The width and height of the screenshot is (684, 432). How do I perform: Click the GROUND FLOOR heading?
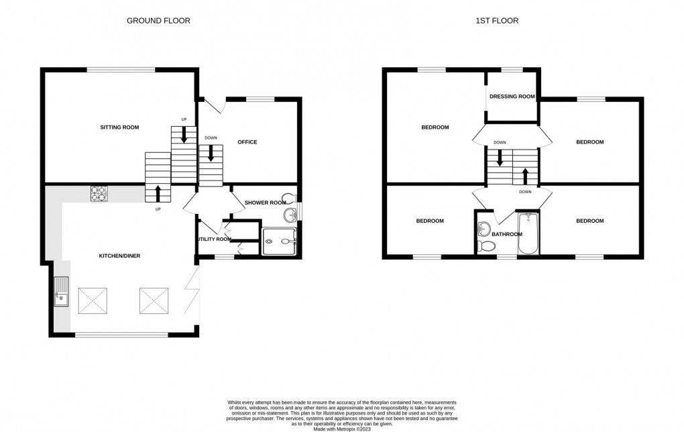pyautogui.click(x=158, y=21)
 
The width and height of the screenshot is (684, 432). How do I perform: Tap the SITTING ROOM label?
pyautogui.click(x=119, y=127)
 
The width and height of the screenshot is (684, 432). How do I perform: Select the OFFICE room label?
pyautogui.click(x=247, y=142)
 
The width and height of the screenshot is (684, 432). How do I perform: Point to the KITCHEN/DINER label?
pyautogui.click(x=119, y=256)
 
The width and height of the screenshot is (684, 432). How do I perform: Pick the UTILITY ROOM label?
pyautogui.click(x=214, y=239)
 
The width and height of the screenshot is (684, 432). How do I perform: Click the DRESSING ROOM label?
pyautogui.click(x=512, y=97)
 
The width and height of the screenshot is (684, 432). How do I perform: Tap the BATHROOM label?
pyautogui.click(x=506, y=234)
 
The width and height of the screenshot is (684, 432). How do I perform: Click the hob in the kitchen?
pyautogui.click(x=99, y=193)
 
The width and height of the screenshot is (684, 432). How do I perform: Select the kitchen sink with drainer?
pyautogui.click(x=62, y=292)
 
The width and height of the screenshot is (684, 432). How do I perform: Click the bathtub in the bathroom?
pyautogui.click(x=528, y=233)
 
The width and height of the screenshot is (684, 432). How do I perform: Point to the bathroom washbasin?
pyautogui.click(x=484, y=229)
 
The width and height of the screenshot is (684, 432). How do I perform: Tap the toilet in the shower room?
pyautogui.click(x=289, y=197)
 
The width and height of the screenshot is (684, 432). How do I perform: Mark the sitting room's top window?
pyautogui.click(x=121, y=69)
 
